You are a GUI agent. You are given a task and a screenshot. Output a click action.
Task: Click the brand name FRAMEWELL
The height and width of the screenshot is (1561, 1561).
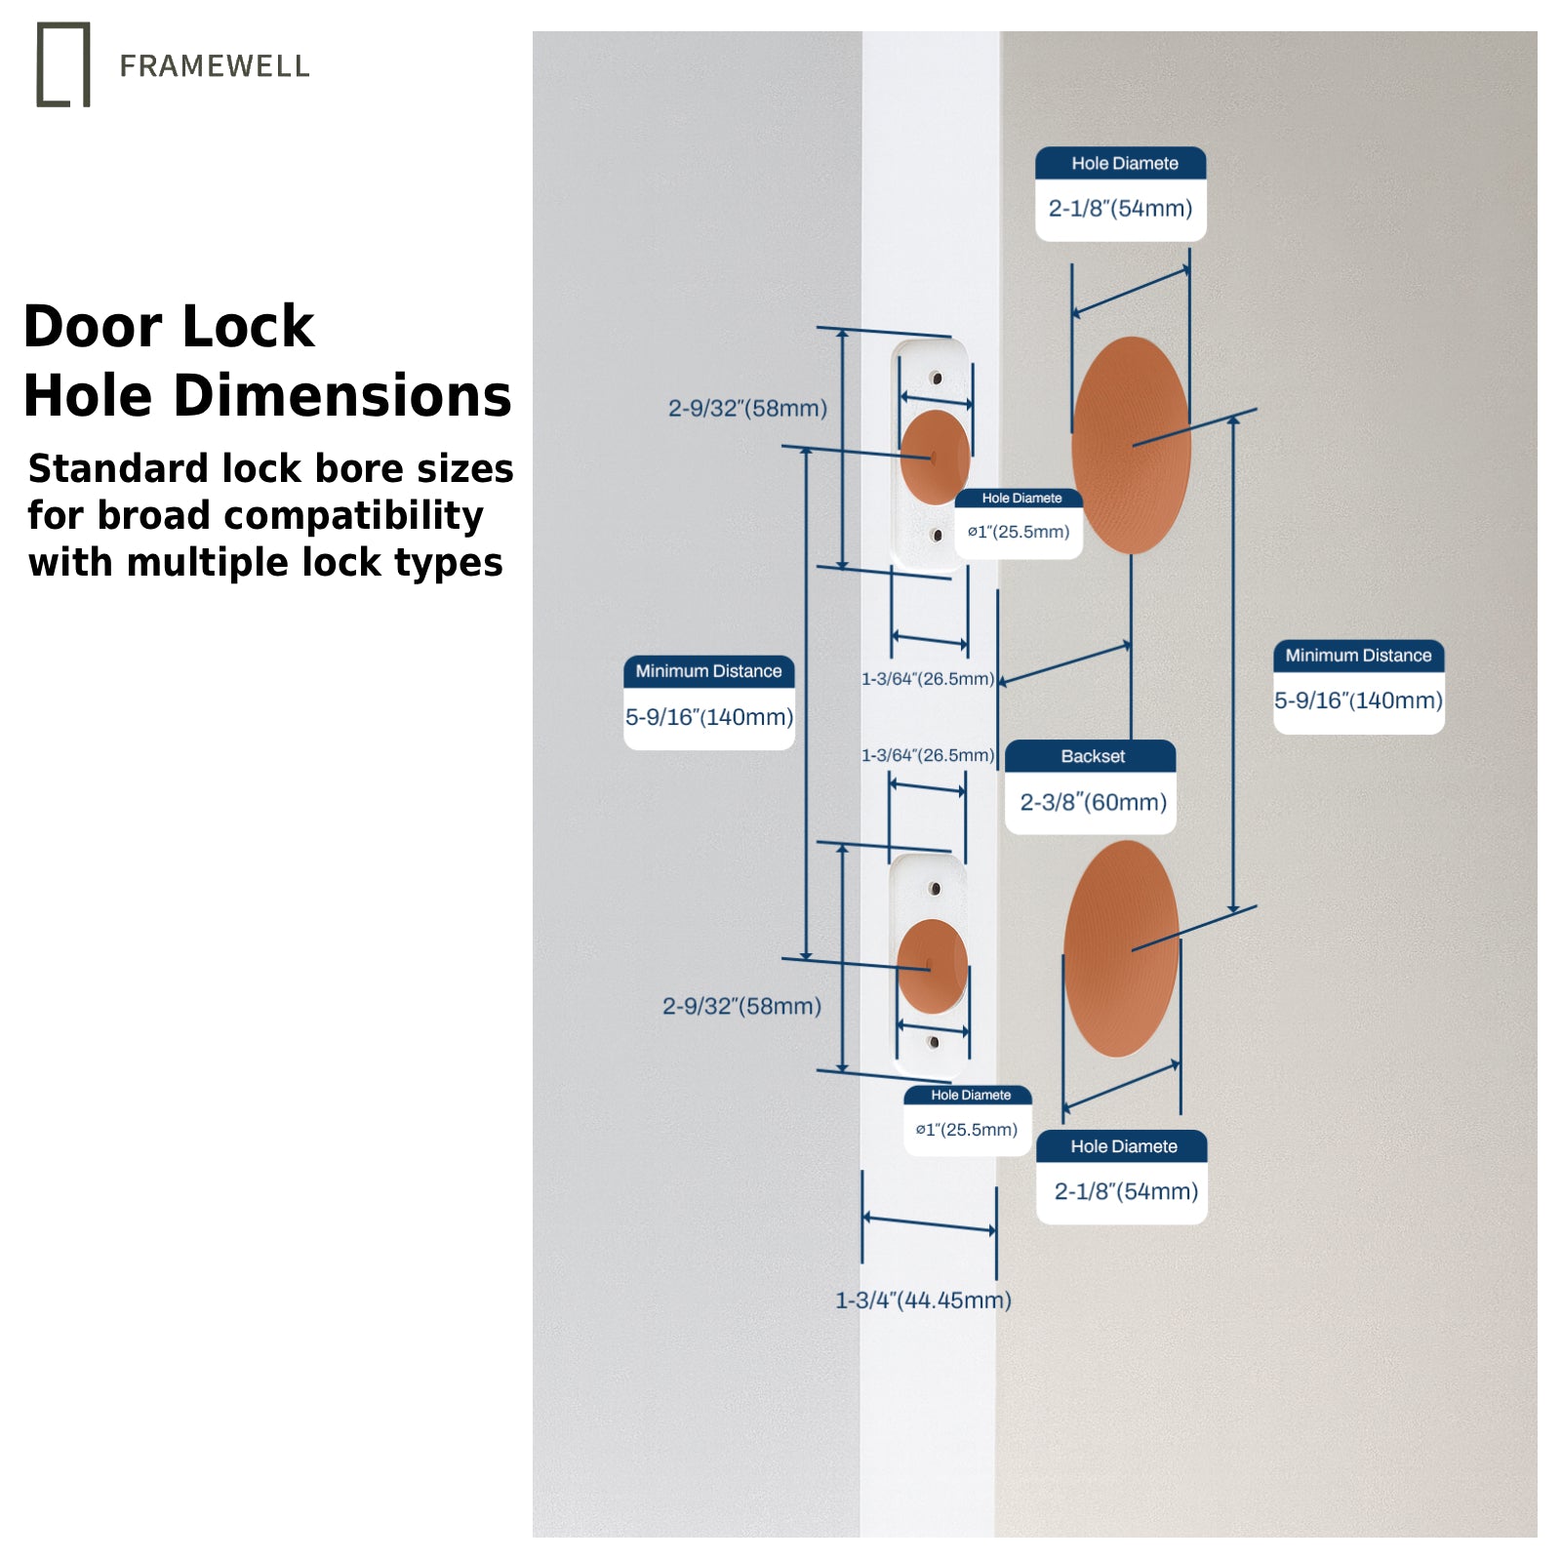[215, 66]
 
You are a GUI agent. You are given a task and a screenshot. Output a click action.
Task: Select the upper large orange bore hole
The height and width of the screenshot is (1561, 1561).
[1131, 445]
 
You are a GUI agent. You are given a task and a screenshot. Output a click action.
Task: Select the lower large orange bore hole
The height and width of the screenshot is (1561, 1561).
[1121, 948]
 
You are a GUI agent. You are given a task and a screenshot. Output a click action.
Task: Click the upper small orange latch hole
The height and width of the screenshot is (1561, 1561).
[934, 457]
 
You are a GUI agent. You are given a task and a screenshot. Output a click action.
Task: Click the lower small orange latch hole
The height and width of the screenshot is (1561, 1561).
[932, 966]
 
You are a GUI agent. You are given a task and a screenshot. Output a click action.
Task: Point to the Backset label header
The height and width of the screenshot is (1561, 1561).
[1092, 756]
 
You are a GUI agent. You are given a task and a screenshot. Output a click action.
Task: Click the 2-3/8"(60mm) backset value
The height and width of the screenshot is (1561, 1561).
[1093, 802]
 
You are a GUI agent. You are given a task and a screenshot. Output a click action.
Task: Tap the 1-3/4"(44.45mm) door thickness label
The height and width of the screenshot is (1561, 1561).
[923, 1300]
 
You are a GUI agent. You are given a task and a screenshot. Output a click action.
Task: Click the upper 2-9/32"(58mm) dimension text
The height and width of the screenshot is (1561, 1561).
[747, 408]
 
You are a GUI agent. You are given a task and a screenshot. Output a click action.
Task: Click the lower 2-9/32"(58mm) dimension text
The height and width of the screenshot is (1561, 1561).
[741, 1006]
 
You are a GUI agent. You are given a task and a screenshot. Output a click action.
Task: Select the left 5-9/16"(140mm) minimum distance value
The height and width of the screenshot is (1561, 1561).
[709, 717]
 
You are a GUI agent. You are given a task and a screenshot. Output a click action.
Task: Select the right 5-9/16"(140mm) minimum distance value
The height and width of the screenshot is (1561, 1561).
[1358, 700]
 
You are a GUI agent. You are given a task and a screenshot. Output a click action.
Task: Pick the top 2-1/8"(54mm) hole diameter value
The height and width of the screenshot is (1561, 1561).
[1120, 208]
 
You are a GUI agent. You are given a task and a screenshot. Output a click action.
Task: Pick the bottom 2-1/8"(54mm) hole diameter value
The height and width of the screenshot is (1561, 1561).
[1126, 1191]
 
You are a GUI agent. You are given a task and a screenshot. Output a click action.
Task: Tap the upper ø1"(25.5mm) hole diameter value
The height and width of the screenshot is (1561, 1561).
[1019, 532]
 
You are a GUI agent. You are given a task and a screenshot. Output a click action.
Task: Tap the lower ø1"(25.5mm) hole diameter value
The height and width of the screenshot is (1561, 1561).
[966, 1130]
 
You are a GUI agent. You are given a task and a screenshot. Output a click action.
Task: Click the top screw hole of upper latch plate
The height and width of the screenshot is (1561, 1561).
[936, 378]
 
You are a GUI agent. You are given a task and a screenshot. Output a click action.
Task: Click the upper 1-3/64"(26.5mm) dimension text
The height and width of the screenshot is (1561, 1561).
[928, 679]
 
